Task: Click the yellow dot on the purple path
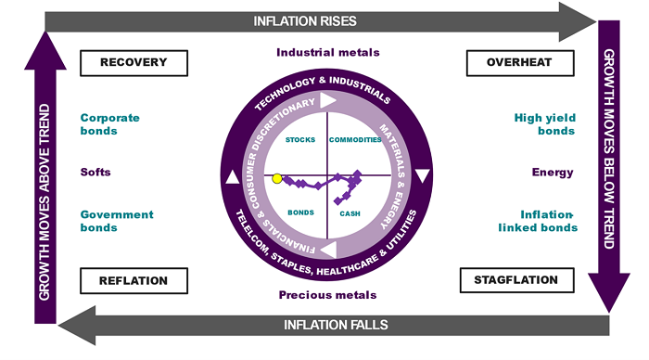coord(277,178)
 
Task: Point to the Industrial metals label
coord(328,53)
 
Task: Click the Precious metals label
coord(327,295)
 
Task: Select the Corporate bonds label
coord(109,124)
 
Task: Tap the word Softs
coord(95,173)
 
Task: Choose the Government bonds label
coord(117,221)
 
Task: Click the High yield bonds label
coord(545,124)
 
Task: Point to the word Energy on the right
coord(553,173)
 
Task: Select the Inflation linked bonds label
coord(538,221)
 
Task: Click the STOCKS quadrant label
coord(300,140)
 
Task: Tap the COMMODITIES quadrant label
coord(355,140)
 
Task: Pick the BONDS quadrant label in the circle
coord(300,212)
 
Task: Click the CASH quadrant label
coord(350,213)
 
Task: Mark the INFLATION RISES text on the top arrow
coord(305,21)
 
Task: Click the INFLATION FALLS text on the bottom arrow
coord(336,325)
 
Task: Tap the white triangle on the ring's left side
coord(233,177)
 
